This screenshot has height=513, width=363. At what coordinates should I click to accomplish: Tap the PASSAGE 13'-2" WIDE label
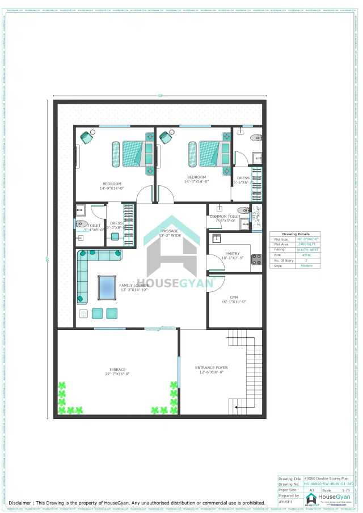(170, 233)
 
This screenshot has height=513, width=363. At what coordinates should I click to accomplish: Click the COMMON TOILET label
(225, 217)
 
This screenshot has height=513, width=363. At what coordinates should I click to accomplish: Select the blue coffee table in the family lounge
(107, 287)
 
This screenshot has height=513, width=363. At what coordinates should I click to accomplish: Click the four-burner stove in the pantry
(256, 259)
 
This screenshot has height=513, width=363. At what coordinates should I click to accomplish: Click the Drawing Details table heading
(295, 234)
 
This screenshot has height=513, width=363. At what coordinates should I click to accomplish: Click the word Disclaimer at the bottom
(20, 502)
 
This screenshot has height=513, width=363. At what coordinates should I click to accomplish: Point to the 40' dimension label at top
(160, 96)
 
